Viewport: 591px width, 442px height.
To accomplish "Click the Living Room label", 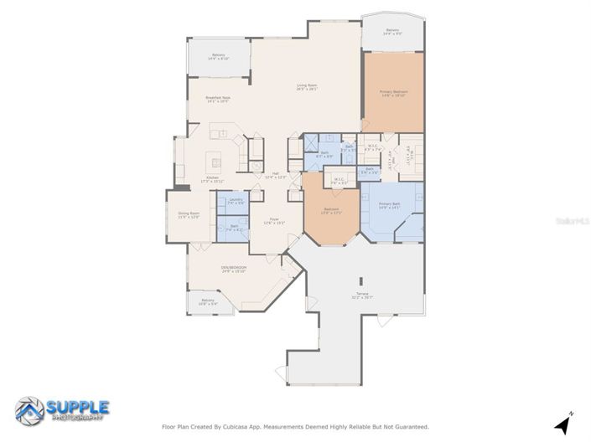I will pyautogui.click(x=306, y=87).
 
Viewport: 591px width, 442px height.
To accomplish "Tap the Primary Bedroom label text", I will pyautogui.click(x=393, y=93).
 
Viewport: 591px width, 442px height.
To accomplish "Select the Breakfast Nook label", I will pyautogui.click(x=218, y=99).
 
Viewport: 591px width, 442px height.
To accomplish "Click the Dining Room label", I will pyautogui.click(x=189, y=215).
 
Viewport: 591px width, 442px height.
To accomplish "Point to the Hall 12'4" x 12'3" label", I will pyautogui.click(x=276, y=176).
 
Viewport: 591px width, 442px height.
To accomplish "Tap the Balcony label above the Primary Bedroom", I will pyautogui.click(x=392, y=32).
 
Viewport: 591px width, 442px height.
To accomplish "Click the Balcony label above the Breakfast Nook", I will pyautogui.click(x=218, y=57).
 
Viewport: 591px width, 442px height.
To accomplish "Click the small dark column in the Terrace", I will pyautogui.click(x=360, y=281).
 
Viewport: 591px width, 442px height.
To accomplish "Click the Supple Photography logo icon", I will pyautogui.click(x=30, y=409).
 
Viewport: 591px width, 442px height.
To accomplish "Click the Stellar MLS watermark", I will pyautogui.click(x=576, y=220).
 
